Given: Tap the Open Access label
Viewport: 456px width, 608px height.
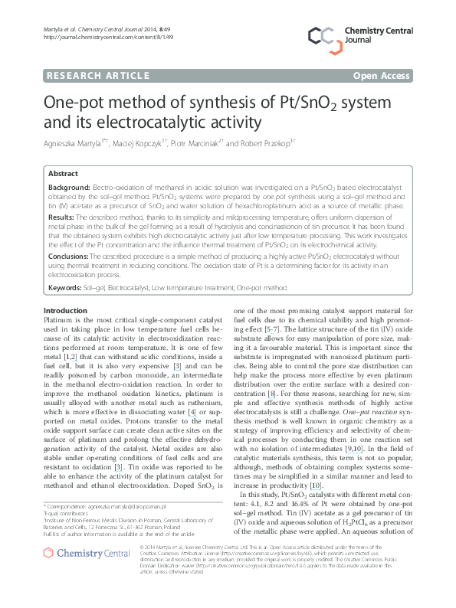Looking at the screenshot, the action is [x=381, y=75].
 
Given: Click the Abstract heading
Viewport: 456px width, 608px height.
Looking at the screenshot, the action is [x=64, y=174].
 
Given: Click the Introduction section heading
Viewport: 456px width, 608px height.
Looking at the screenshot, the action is [x=66, y=310].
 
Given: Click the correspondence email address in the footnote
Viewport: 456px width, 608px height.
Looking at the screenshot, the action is [x=126, y=507].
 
